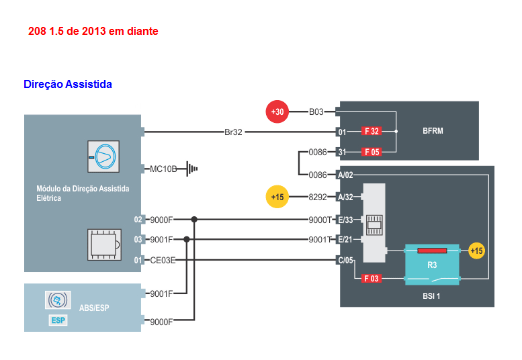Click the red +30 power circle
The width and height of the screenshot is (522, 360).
(x=277, y=112)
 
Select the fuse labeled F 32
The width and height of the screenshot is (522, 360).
(x=372, y=132)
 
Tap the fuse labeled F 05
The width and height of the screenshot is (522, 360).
(x=372, y=152)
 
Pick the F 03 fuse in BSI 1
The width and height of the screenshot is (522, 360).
(x=372, y=278)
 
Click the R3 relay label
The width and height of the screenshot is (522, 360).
(x=432, y=265)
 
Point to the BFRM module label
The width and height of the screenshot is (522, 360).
(x=433, y=131)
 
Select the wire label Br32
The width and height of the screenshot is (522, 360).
(x=233, y=132)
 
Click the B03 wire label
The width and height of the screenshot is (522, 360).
(x=316, y=112)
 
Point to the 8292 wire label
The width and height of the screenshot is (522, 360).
(x=317, y=197)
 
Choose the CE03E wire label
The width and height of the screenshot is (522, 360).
(x=163, y=260)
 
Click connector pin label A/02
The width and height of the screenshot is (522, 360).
(x=345, y=175)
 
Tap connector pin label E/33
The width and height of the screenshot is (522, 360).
(x=345, y=220)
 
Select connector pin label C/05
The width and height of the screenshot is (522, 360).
(x=345, y=260)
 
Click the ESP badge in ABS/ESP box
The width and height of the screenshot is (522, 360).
(x=58, y=320)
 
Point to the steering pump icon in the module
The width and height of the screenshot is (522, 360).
(x=103, y=158)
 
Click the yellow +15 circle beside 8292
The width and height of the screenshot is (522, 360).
(x=277, y=197)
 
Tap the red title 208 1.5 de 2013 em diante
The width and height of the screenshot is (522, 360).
(x=93, y=32)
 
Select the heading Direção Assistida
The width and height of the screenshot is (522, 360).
(x=68, y=85)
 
